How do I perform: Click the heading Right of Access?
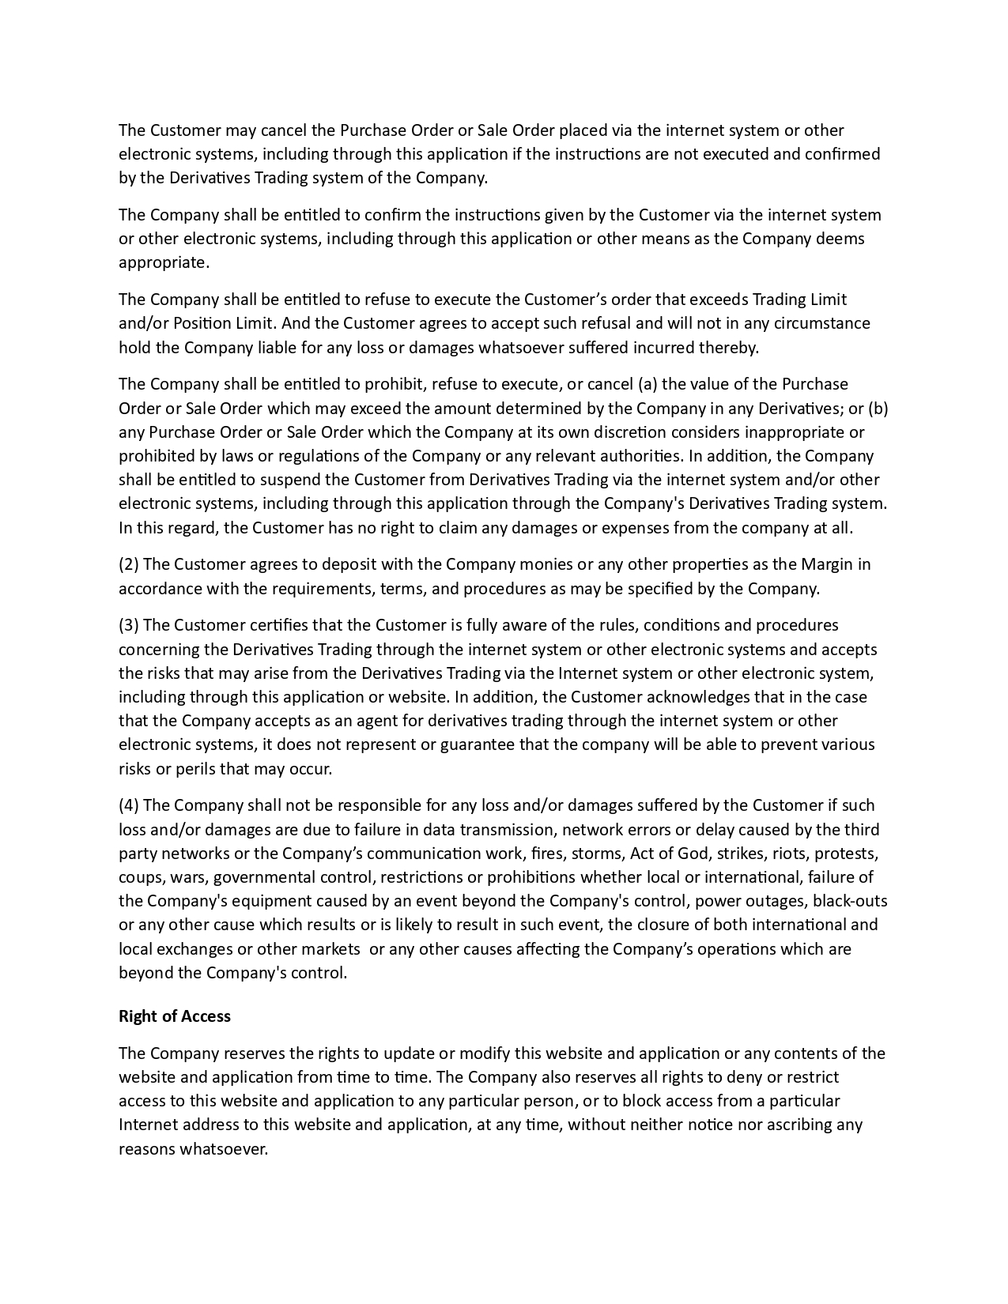(x=175, y=1016)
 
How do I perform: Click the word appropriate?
(x=164, y=262)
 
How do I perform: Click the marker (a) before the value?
(x=647, y=384)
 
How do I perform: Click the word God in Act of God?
(x=693, y=854)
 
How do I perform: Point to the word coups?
(x=139, y=877)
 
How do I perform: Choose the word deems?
(x=841, y=239)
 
